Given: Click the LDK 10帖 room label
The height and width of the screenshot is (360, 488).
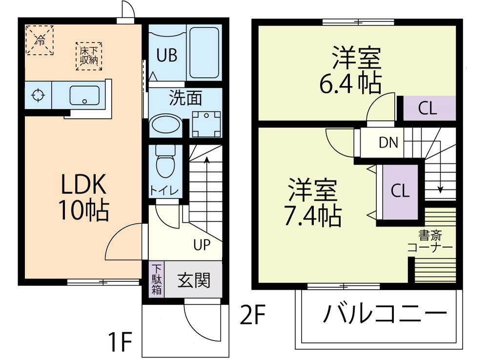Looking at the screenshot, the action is [x=83, y=197].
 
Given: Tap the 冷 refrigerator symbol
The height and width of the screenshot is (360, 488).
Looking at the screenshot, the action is [x=39, y=41].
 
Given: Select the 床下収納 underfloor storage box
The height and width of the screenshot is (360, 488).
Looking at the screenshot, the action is [x=89, y=56].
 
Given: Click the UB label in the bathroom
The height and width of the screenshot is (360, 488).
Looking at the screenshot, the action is [x=166, y=56].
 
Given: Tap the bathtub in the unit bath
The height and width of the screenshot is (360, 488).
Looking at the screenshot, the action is [x=204, y=53].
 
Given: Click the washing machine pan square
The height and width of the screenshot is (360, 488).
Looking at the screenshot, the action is [x=205, y=124].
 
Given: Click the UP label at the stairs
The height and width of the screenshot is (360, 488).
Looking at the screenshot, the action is [x=202, y=245].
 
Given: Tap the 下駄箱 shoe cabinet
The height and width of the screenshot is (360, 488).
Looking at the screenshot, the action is [x=157, y=279].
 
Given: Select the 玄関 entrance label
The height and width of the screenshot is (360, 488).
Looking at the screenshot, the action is [x=194, y=280].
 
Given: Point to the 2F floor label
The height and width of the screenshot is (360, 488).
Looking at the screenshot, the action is [x=252, y=317].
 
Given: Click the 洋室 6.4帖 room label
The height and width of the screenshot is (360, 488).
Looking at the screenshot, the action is [x=350, y=70].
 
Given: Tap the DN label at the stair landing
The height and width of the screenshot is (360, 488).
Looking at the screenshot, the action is [x=388, y=143].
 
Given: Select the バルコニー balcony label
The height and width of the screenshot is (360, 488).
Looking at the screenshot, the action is [x=385, y=314].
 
